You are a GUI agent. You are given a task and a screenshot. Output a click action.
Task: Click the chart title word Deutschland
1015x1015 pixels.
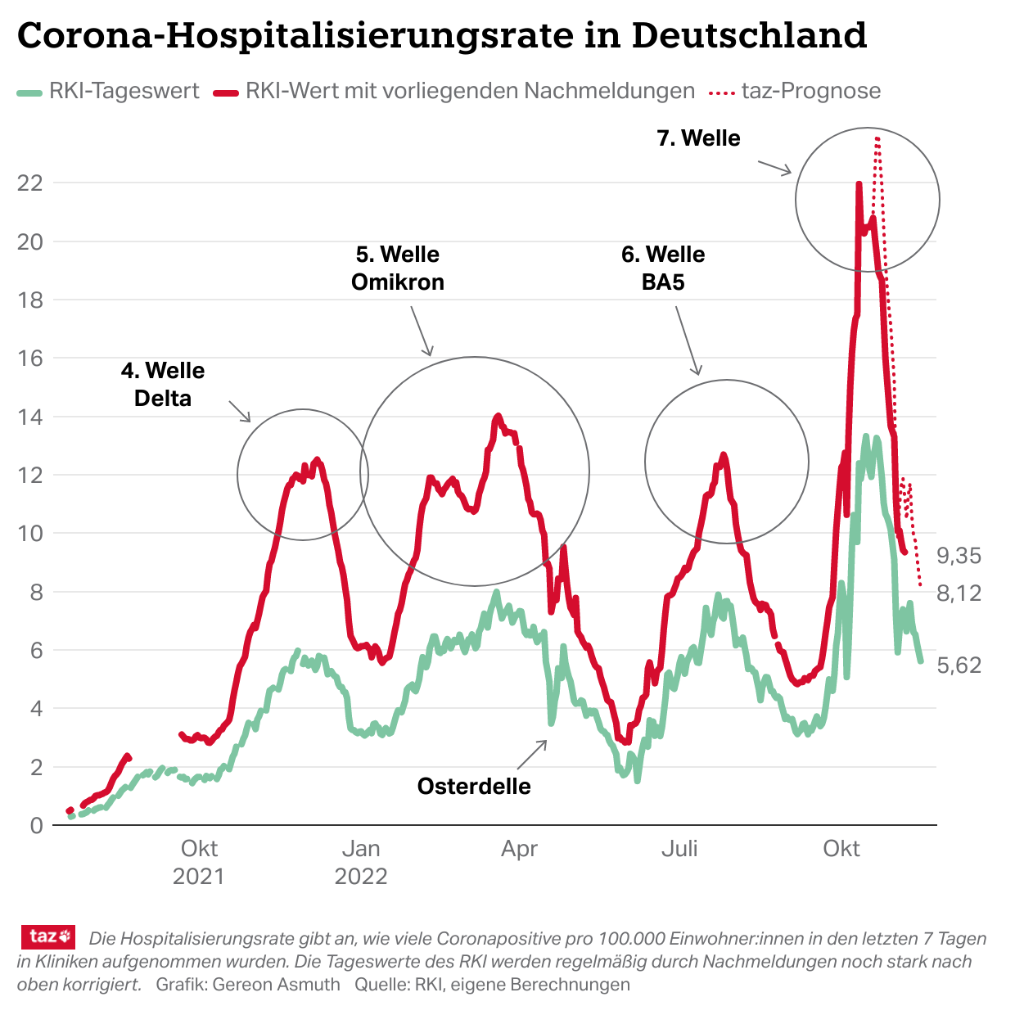749,35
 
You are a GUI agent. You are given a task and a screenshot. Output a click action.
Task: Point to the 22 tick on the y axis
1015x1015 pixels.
30,183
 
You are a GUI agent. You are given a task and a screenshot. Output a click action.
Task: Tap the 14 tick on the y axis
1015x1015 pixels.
30,417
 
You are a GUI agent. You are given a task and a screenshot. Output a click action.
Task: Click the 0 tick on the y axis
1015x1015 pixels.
36,825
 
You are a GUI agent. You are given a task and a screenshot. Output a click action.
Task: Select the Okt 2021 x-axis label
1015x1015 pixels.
199,862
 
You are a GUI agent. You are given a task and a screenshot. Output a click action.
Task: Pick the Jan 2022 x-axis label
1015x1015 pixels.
361,862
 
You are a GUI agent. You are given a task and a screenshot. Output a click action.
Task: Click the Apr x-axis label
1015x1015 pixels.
519,849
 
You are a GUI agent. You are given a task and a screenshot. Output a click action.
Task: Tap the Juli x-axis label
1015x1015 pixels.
679,849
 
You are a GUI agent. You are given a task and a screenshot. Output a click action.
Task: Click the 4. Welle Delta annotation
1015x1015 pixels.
163,385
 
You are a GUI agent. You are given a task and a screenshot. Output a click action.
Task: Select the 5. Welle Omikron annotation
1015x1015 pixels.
398,268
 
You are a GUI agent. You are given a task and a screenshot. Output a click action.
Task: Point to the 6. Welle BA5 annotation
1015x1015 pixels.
663,268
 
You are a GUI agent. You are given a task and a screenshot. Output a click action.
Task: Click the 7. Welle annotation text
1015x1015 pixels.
698,138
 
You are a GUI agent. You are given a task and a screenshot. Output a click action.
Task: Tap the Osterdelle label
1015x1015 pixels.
474,787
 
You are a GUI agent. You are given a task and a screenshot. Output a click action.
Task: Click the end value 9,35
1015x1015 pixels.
959,556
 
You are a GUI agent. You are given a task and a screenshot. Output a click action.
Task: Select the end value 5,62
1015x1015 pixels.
959,665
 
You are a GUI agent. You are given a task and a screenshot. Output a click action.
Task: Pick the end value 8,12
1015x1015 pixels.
959,593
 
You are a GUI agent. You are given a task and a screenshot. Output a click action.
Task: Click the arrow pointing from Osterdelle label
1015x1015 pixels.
533,754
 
